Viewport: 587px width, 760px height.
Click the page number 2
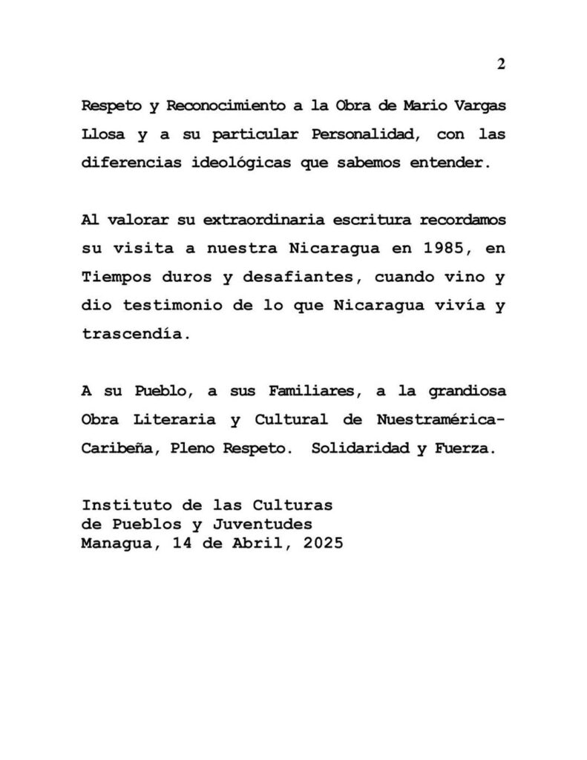coord(501,64)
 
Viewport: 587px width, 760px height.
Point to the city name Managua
coord(113,543)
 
